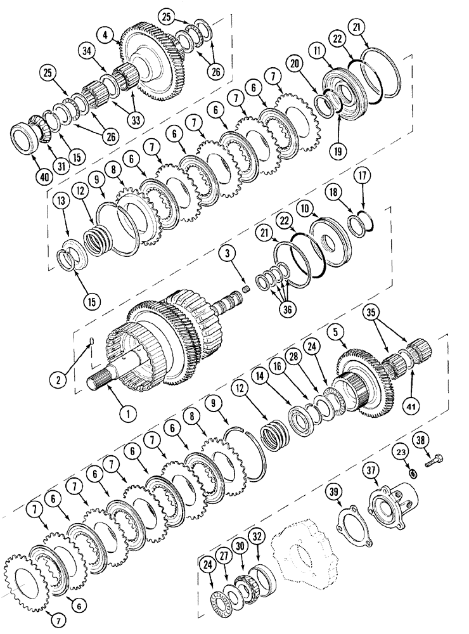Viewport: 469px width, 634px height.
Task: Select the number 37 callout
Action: click(372, 470)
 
